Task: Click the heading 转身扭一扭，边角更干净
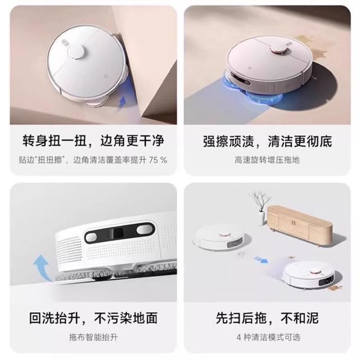pos(93,141)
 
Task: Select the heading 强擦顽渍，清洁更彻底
pos(268,141)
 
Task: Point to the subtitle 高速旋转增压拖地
pos(267,160)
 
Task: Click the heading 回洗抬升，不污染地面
pos(93,318)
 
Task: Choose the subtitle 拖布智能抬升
pos(93,337)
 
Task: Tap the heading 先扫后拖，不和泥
pos(267,318)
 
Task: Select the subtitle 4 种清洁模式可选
pos(268,337)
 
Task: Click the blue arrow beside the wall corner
pos(122,103)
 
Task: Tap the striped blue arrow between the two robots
pos(261,260)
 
